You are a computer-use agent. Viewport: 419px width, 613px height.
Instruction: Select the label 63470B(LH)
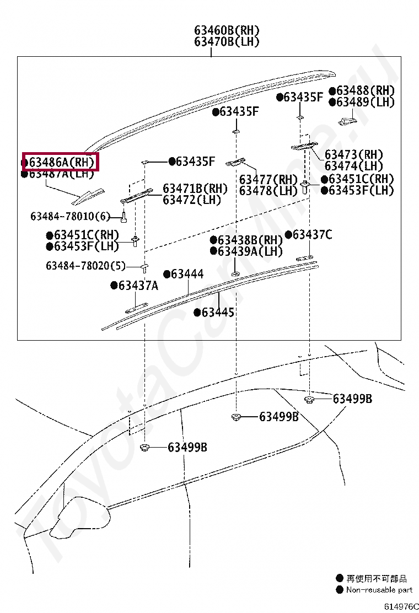[227, 42]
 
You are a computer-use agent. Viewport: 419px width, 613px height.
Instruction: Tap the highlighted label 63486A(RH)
[60, 162]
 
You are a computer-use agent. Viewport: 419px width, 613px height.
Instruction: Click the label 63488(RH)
[366, 90]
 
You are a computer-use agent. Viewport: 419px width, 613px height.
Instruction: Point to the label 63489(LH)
[366, 102]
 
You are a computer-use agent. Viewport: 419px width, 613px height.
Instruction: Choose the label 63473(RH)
[353, 155]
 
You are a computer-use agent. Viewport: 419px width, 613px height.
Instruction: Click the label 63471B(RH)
[195, 189]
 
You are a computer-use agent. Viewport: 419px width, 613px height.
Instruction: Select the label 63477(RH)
[268, 180]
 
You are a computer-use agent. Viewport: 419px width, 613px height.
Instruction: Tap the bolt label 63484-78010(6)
[71, 216]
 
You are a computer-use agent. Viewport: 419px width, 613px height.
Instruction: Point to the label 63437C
[312, 235]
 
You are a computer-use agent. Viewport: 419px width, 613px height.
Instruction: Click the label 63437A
[138, 285]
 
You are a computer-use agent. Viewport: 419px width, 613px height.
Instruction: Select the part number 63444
[187, 274]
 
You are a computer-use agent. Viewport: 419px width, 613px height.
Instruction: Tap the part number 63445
[218, 313]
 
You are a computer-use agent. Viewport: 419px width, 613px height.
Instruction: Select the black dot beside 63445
[197, 313]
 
